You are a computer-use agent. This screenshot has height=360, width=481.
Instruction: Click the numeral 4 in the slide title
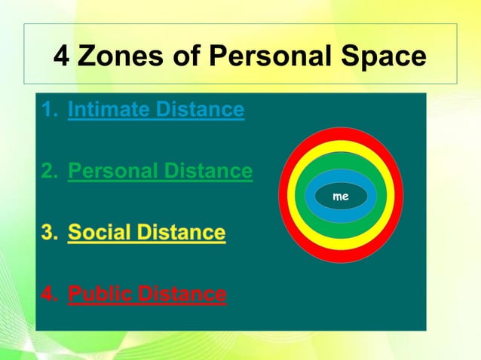click(x=62, y=56)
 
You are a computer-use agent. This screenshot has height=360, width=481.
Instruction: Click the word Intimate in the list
click(x=109, y=110)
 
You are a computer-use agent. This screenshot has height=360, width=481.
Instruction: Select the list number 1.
click(x=49, y=110)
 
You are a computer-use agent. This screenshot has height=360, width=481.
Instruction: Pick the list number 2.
click(x=49, y=171)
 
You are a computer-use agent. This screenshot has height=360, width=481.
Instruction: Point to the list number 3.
click(x=49, y=232)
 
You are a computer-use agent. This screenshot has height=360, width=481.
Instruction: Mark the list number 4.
click(x=49, y=293)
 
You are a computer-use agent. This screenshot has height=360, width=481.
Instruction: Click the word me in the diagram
click(x=341, y=196)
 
